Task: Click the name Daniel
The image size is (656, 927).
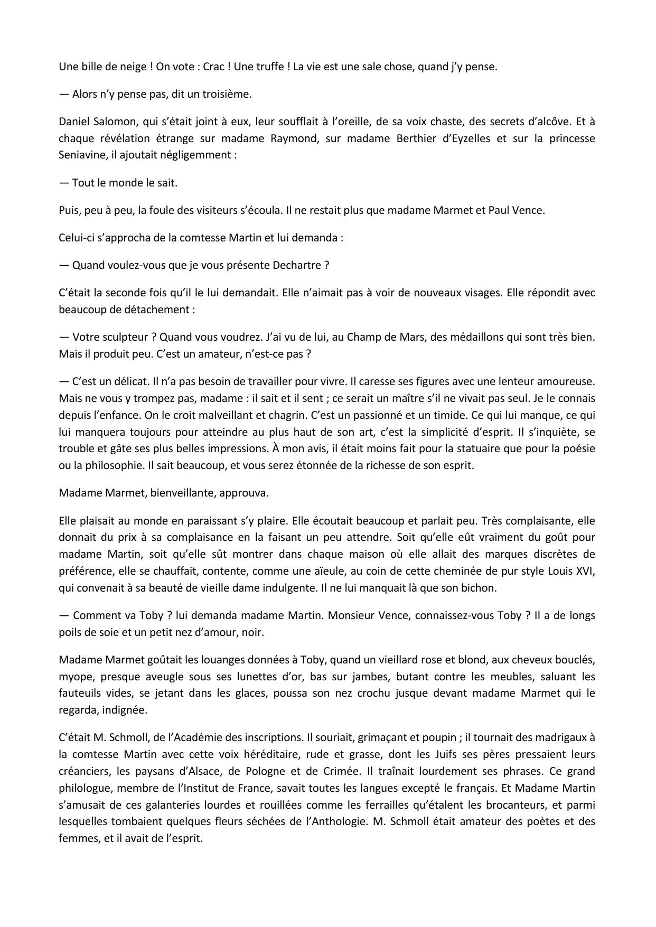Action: (x=75, y=121)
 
